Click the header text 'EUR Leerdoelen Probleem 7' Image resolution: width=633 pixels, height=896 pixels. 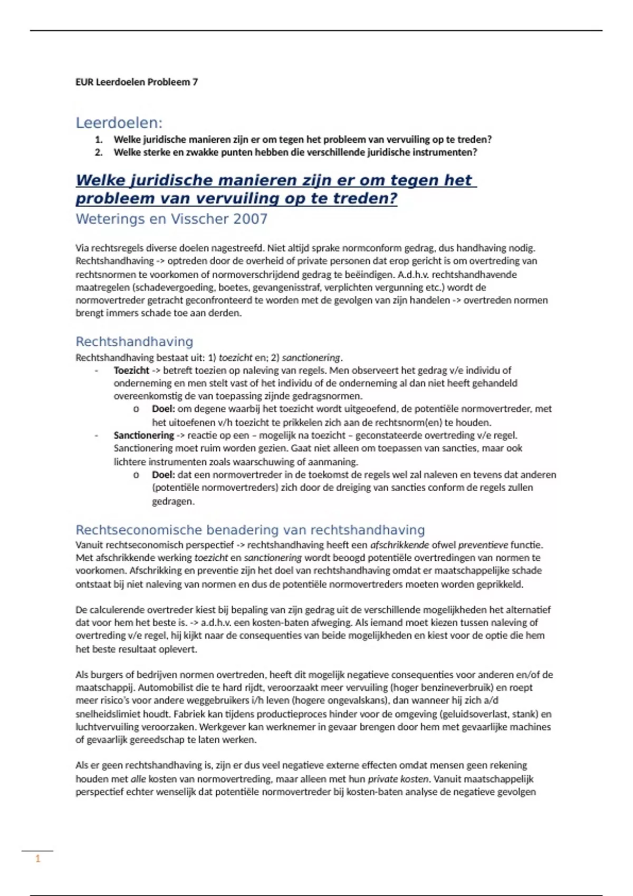[x=137, y=82]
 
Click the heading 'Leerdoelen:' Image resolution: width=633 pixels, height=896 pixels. [x=119, y=123]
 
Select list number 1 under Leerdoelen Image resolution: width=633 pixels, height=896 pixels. [x=98, y=140]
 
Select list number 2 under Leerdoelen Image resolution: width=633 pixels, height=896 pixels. [x=98, y=152]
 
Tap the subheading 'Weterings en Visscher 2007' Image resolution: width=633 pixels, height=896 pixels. [x=171, y=219]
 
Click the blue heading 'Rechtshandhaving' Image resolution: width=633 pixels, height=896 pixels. [x=134, y=342]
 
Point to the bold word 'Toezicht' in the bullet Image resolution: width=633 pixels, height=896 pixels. [x=131, y=371]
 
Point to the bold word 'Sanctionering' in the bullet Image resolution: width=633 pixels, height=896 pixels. [x=143, y=435]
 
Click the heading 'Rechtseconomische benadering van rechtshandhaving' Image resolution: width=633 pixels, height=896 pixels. [x=250, y=530]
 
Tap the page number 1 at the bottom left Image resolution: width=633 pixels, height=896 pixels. [x=38, y=859]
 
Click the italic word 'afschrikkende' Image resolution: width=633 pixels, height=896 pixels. [x=399, y=545]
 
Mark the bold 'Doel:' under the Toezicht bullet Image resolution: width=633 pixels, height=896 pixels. [x=163, y=409]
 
